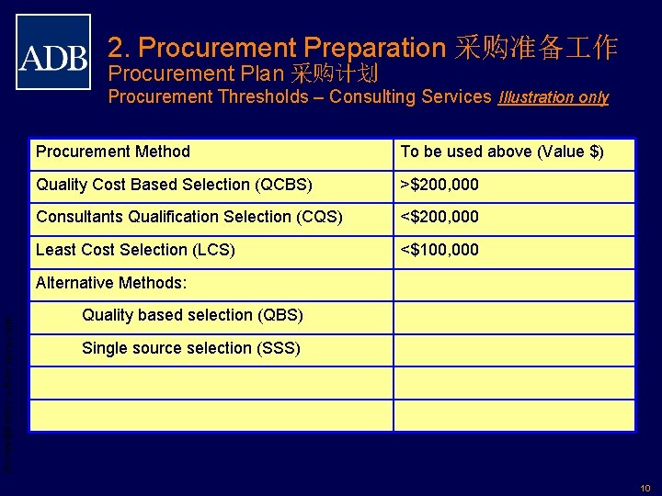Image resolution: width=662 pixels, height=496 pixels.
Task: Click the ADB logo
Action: tap(53, 51)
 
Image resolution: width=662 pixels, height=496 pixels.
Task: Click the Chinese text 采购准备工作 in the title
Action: tap(536, 47)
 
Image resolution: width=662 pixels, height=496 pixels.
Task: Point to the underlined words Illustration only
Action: tap(553, 97)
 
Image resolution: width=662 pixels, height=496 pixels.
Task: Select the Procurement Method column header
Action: tap(112, 152)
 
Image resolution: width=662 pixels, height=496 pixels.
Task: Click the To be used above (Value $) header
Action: tap(502, 152)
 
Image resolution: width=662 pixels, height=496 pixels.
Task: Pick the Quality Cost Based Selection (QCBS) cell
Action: tap(174, 185)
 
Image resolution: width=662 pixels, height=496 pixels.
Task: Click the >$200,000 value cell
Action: tap(439, 185)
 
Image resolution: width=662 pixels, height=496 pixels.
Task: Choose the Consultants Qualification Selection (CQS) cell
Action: tap(188, 217)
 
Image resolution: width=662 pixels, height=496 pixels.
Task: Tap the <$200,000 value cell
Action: tap(439, 217)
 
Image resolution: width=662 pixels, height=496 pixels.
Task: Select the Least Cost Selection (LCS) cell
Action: tap(135, 250)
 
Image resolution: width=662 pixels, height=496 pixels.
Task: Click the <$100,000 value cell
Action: tap(439, 250)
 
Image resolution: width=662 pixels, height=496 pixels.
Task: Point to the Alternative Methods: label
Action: tap(110, 283)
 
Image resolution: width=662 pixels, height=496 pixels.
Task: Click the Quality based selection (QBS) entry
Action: tap(192, 315)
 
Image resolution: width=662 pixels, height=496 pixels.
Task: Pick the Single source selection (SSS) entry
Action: tap(190, 348)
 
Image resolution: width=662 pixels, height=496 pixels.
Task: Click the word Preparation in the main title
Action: tap(373, 47)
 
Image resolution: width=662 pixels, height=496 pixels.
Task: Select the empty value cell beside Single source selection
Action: tap(513, 349)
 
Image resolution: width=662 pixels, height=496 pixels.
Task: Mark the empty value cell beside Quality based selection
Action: tap(513, 316)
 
